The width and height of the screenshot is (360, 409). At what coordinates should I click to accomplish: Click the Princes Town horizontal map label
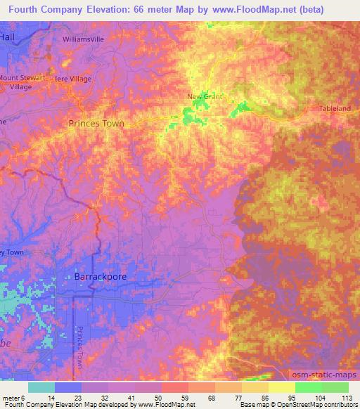[x=96, y=123]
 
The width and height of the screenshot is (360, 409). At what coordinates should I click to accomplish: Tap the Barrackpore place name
[x=101, y=277]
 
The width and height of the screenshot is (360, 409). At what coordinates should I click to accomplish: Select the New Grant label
[x=205, y=97]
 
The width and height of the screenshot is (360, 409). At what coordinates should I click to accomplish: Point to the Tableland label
[x=334, y=110]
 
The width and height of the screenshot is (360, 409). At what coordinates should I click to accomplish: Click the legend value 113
[x=347, y=398]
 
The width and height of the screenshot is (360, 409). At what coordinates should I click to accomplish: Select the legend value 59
[x=173, y=398]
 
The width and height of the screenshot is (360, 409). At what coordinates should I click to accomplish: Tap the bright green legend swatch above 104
[x=308, y=387]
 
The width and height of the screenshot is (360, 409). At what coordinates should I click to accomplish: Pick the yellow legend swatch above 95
[x=281, y=387]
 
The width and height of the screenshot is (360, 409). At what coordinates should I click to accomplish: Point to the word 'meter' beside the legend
[x=12, y=398]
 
